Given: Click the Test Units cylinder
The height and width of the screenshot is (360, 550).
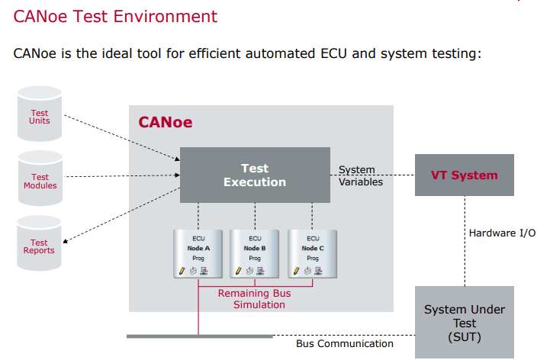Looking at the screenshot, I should (40, 115).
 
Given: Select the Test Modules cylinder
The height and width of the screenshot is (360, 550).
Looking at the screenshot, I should (40, 181).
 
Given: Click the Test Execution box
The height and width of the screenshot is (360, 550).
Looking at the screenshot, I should (254, 175).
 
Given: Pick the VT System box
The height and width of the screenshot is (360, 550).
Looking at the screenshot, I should (464, 175).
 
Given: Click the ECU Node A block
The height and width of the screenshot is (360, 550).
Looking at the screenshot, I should (198, 252).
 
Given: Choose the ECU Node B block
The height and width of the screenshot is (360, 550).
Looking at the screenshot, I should (255, 252).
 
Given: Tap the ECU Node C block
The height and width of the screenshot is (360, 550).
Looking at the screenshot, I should (313, 252).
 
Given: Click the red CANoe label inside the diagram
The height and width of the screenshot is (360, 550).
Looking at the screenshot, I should (165, 122).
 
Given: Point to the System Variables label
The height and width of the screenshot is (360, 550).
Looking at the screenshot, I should (360, 175).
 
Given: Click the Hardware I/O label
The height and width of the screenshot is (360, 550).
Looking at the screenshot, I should (502, 233).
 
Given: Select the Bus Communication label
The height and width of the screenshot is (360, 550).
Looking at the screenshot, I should (345, 343).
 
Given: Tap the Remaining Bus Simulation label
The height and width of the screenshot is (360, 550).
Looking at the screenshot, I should (255, 299).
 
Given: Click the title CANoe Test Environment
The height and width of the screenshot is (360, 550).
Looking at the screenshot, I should (116, 17).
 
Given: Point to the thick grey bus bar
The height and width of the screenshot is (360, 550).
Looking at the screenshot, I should (199, 336).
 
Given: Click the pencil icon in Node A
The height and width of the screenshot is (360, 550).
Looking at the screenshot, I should (182, 271).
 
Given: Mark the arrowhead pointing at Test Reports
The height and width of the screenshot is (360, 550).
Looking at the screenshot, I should (66, 242).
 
